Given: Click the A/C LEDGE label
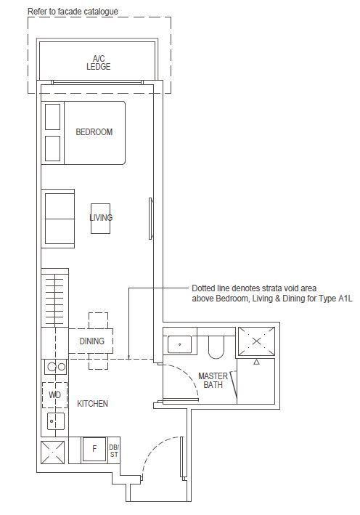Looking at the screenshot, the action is pyautogui.click(x=99, y=62).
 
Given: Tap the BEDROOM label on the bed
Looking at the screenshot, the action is pyautogui.click(x=94, y=132).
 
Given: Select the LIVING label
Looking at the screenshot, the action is pyautogui.click(x=101, y=217).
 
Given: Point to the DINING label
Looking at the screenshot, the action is pyautogui.click(x=92, y=341).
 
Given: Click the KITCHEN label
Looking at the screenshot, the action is pyautogui.click(x=93, y=404).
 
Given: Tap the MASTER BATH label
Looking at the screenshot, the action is pyautogui.click(x=213, y=381).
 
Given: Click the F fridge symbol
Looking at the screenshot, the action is pyautogui.click(x=94, y=449).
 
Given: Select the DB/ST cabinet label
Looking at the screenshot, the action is pyautogui.click(x=114, y=451).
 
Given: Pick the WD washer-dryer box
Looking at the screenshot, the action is pyautogui.click(x=55, y=395).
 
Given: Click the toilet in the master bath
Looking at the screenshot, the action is pyautogui.click(x=216, y=346).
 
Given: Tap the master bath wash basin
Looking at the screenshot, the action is pyautogui.click(x=179, y=344).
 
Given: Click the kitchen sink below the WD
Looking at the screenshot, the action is pyautogui.click(x=55, y=421).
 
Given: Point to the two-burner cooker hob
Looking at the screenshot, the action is pyautogui.click(x=55, y=367).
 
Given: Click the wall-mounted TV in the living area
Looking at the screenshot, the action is pyautogui.click(x=151, y=219).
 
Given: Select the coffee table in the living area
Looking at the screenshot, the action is pyautogui.click(x=100, y=219).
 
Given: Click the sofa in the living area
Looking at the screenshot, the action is pyautogui.click(x=58, y=219).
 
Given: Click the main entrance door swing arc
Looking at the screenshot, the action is pyautogui.click(x=154, y=447).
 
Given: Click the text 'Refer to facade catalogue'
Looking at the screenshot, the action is pyautogui.click(x=73, y=12).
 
